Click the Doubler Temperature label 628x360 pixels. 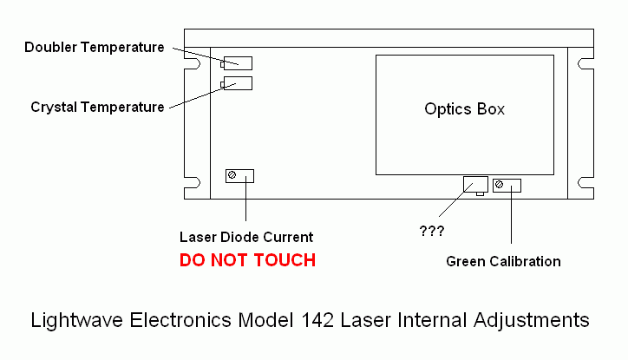coord(95,47)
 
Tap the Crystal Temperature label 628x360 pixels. coord(97,108)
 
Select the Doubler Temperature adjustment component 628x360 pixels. coord(238,62)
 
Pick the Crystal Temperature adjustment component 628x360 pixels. coord(238,83)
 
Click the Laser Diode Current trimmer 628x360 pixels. coord(239,176)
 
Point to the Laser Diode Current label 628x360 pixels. coord(246,237)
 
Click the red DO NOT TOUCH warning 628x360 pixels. coord(247,259)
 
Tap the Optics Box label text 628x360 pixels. coord(464,109)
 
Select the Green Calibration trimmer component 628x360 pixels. coord(507,185)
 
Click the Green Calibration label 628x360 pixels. coord(503,261)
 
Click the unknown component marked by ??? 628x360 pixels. coord(476,184)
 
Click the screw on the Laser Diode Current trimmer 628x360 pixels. coord(232,176)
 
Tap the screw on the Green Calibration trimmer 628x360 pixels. coord(499,185)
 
